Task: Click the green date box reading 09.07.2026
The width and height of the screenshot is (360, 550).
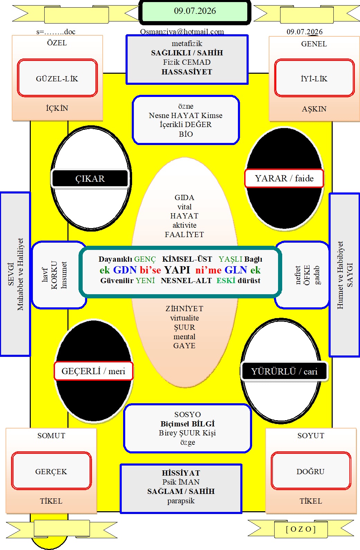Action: click(x=195, y=11)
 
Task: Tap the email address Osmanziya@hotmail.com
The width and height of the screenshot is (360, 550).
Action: click(x=182, y=32)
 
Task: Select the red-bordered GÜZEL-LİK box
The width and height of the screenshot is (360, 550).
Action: click(x=57, y=78)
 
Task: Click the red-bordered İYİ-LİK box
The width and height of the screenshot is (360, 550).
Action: click(x=314, y=78)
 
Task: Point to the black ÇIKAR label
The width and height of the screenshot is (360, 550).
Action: click(x=90, y=179)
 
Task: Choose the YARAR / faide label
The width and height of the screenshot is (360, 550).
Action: click(x=284, y=178)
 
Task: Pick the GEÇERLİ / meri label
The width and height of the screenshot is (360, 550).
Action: click(x=93, y=371)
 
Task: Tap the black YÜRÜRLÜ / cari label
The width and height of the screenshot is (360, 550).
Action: click(x=284, y=371)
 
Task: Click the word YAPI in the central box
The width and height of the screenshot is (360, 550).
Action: click(x=177, y=270)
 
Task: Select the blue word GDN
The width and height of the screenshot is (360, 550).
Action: click(x=124, y=270)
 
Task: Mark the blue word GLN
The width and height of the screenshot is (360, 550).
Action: click(x=236, y=270)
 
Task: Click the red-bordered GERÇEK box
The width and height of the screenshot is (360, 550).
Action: click(x=51, y=470)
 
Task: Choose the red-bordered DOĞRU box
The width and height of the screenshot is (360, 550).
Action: click(x=311, y=470)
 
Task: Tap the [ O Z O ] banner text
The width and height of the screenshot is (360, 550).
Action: click(x=301, y=529)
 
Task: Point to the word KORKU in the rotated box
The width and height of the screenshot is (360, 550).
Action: click(x=54, y=275)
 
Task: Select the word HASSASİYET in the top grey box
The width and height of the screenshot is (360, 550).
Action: click(x=187, y=72)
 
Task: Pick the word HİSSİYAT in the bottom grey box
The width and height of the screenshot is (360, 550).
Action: click(x=181, y=473)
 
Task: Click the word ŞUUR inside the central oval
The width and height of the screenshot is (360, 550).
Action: click(x=185, y=327)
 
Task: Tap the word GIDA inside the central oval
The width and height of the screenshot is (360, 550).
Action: click(x=184, y=197)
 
